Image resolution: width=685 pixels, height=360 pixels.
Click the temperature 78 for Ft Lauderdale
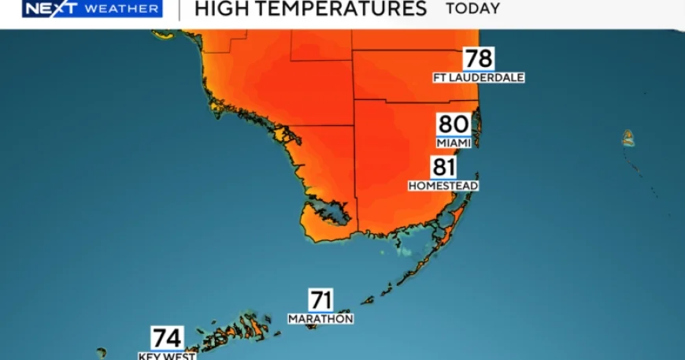click(479, 58)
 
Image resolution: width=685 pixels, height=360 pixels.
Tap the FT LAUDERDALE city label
click(479, 78)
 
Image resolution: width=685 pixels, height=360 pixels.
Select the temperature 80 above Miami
click(454, 124)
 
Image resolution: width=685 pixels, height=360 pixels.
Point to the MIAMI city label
click(454, 143)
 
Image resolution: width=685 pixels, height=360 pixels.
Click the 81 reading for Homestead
click(443, 167)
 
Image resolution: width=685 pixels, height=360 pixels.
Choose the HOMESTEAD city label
click(443, 186)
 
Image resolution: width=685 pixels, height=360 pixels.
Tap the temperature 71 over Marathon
click(320, 300)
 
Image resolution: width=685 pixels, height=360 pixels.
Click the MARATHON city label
click(320, 319)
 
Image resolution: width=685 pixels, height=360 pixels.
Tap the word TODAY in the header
click(472, 9)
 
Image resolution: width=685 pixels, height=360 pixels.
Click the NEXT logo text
click(48, 9)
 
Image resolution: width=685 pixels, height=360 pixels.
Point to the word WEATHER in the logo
click(121, 9)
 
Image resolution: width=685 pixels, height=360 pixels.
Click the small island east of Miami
click(628, 139)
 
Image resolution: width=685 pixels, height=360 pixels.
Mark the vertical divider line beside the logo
click(179, 9)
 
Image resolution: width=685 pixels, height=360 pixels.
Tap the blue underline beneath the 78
click(479, 71)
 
